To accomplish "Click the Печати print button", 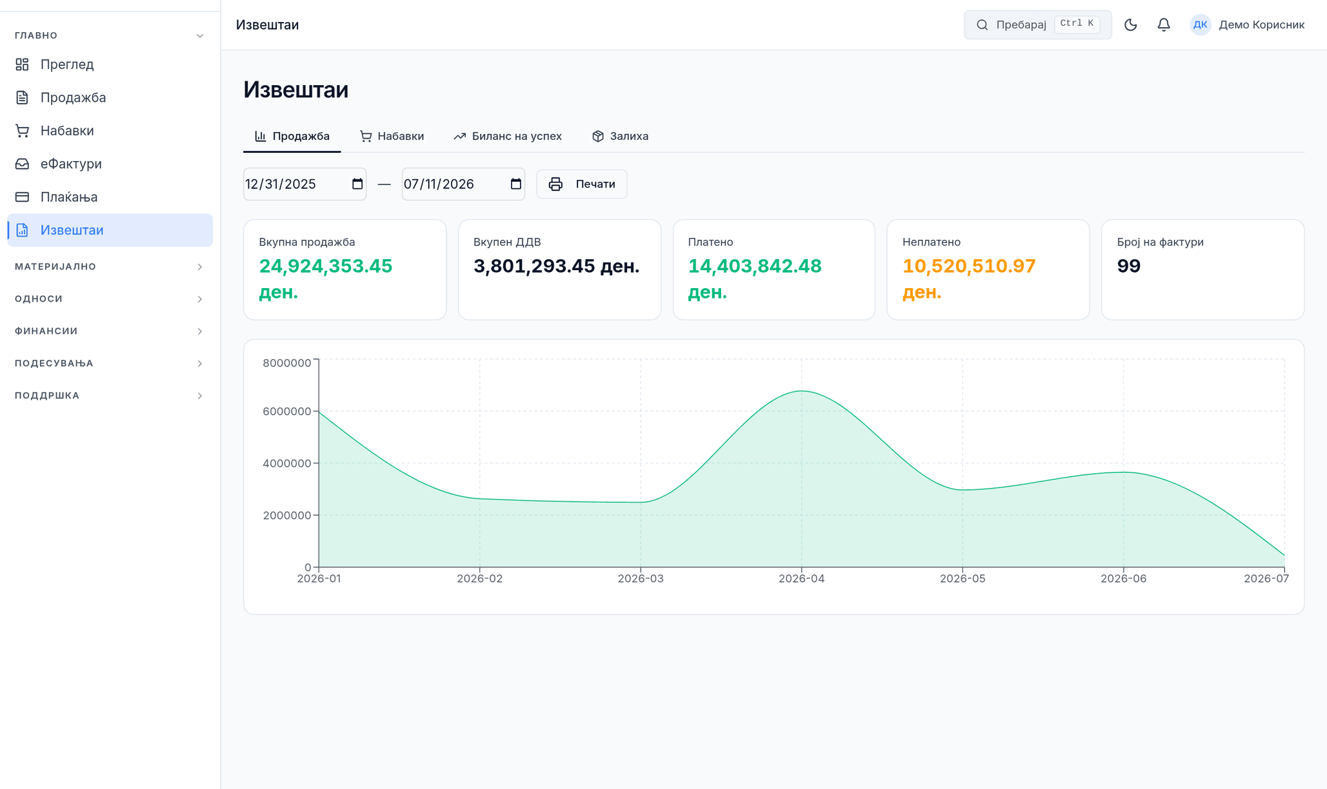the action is (x=581, y=184).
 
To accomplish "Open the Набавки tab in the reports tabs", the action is (x=392, y=136).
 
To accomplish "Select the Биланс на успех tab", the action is (x=508, y=136).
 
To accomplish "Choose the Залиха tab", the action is (x=620, y=136).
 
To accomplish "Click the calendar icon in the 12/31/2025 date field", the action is (x=357, y=184).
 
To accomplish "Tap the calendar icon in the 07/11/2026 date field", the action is (x=515, y=184).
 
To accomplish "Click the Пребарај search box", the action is (x=1037, y=24).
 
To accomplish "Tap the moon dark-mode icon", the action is (x=1130, y=24).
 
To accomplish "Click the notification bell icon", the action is (x=1164, y=24).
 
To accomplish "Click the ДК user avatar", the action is (x=1200, y=24).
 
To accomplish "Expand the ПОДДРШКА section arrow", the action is (x=200, y=395).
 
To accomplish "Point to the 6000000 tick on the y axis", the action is (x=287, y=411).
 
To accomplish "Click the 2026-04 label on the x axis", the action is (x=801, y=579).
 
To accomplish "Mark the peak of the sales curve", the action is (x=802, y=391).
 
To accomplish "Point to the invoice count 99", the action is (x=1129, y=266).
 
